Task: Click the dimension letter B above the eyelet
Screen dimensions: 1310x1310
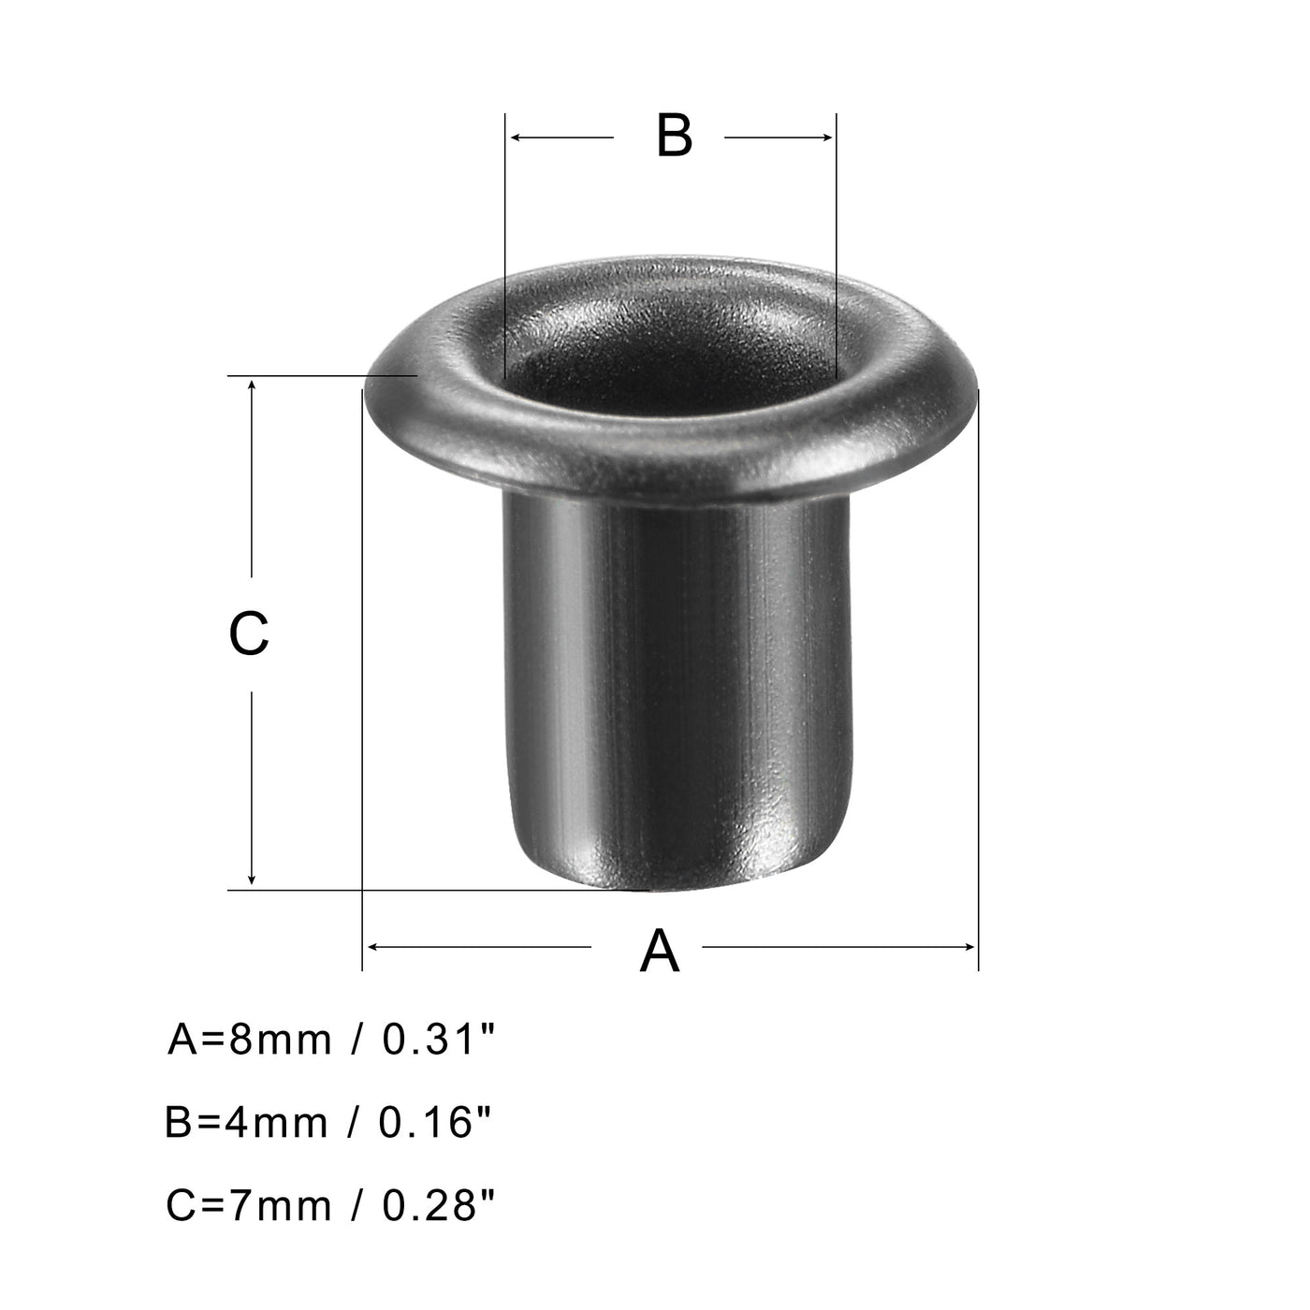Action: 674,137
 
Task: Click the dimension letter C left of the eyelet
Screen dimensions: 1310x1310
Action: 249,633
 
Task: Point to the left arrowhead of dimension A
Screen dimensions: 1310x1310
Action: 371,947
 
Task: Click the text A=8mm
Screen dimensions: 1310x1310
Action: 250,1040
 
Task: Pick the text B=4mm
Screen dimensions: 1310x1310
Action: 246,1123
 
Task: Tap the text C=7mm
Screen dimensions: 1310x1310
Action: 248,1206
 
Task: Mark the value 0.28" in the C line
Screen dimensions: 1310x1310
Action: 437,1205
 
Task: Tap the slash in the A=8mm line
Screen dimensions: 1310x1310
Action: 357,1040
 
